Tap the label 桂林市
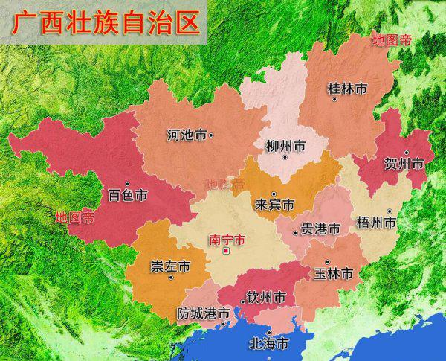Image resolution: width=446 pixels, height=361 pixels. [x=347, y=89]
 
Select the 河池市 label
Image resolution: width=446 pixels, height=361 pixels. [x=186, y=135]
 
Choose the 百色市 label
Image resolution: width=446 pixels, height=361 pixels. [x=128, y=196]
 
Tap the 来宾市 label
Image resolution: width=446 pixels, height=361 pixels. [x=274, y=204]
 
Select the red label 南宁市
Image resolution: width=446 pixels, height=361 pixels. [x=227, y=240]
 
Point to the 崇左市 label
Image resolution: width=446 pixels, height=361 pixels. [x=169, y=266]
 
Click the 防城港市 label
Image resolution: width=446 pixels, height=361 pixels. [x=203, y=315]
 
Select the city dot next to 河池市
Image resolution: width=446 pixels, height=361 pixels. [x=212, y=135]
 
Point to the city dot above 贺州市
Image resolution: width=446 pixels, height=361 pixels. [x=406, y=152]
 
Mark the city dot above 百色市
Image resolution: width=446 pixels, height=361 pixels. [x=127, y=184]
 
